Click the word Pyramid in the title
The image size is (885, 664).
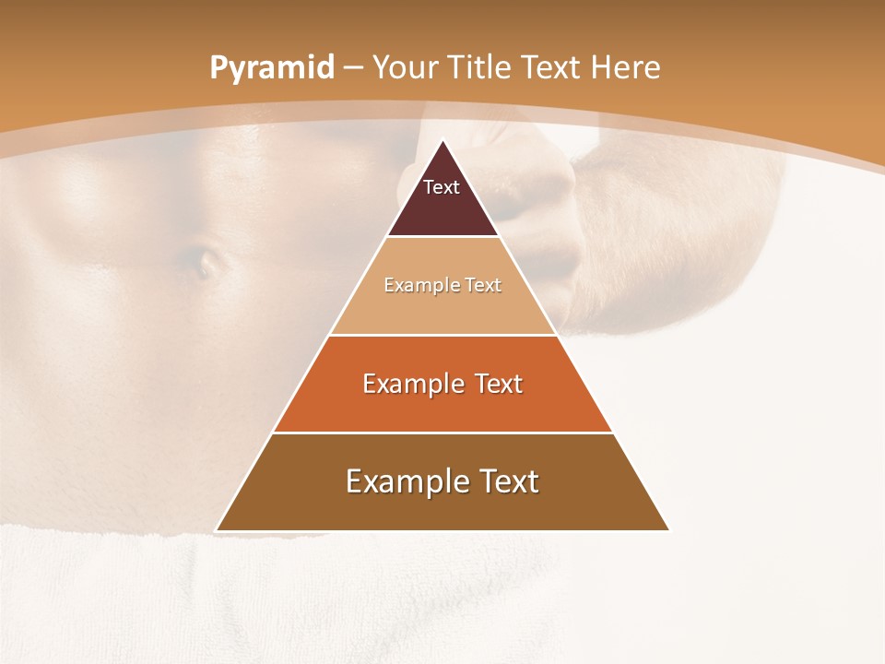point(271,68)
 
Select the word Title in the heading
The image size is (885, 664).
point(482,68)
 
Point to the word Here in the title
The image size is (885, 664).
point(626,68)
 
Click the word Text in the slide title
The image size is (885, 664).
point(553,68)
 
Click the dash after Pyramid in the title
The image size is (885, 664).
point(353,68)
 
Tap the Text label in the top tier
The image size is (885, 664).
point(442,187)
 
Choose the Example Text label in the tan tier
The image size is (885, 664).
point(442,285)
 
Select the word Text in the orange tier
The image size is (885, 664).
point(498,384)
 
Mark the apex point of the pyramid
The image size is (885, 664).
point(442,141)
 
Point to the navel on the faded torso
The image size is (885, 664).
point(205,263)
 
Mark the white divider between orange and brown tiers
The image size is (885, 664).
point(442,433)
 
